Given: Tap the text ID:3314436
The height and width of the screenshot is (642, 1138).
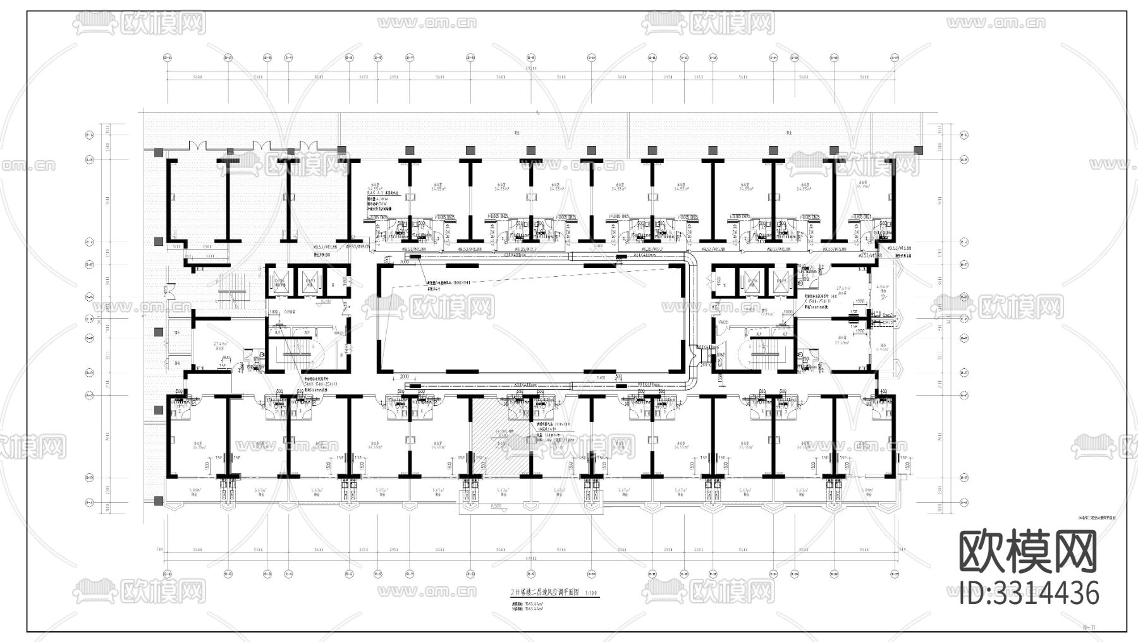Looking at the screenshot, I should point(1029,593).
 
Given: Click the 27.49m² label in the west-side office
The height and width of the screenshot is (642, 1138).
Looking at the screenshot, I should point(219,344).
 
